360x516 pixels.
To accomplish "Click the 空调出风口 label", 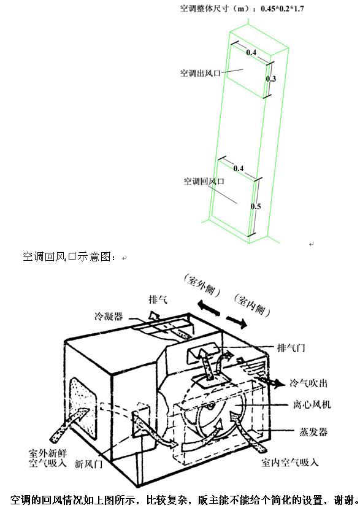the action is point(200,73).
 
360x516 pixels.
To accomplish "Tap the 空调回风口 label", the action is point(204,181).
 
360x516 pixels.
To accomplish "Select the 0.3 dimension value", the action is point(271,79).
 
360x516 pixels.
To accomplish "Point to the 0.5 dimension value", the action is point(256,206).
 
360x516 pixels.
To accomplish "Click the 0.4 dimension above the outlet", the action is point(251,52).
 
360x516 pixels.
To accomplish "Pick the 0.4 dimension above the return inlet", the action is point(239,169).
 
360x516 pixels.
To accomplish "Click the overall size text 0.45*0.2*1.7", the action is point(282,9).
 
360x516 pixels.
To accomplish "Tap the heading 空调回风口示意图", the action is point(69,256).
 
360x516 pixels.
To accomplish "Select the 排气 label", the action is point(158,299).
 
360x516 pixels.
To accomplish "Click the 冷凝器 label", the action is point(109,317).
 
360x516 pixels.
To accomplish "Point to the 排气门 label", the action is point(291,347).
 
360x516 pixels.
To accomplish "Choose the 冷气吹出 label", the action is point(308,383).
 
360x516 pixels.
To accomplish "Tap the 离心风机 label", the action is point(312,404).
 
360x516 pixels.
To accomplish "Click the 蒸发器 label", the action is point(313,431).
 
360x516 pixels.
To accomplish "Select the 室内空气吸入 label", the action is point(290,463).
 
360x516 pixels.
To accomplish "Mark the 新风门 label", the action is point(88,464).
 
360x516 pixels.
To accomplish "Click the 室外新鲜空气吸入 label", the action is point(48,458).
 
